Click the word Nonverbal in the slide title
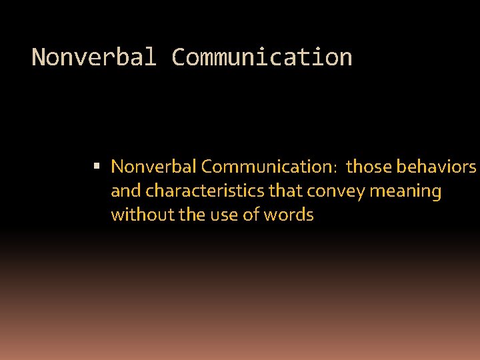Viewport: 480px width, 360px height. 94,57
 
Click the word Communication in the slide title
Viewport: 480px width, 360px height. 261,57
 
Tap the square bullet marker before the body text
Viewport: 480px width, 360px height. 97,165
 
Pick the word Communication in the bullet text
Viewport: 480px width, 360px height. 257,166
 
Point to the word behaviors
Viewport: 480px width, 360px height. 436,166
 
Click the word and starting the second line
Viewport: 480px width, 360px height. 127,191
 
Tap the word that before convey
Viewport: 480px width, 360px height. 285,191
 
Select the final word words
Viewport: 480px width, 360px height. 289,215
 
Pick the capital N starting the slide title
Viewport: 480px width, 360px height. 39,57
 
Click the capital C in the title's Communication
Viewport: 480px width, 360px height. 178,57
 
